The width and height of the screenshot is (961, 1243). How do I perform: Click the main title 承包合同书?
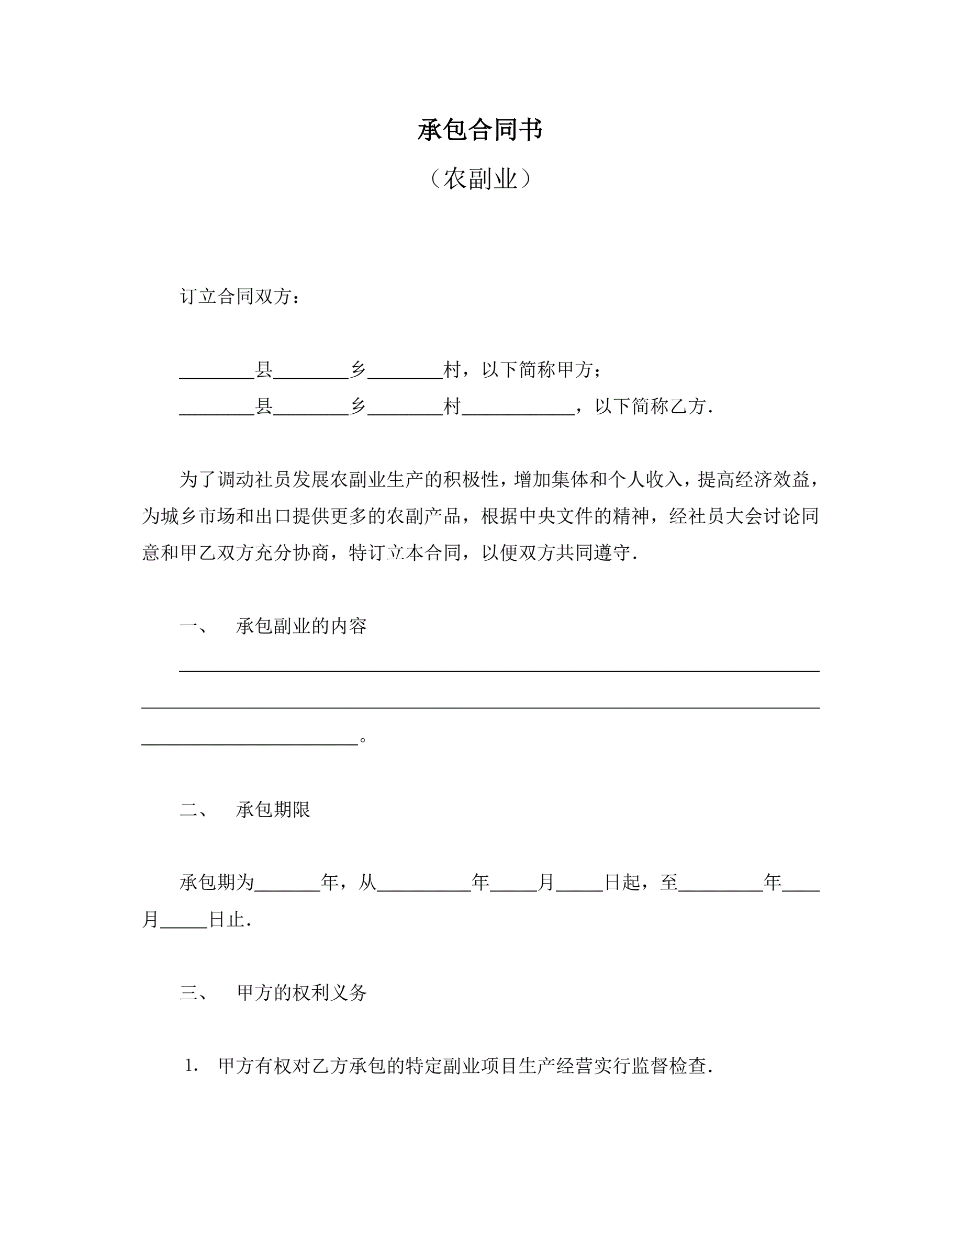pyautogui.click(x=480, y=130)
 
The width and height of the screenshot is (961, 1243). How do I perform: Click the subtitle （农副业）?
pyautogui.click(x=480, y=179)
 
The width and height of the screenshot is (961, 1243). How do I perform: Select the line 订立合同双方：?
pyautogui.click(x=240, y=297)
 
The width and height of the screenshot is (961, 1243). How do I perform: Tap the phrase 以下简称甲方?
pyautogui.click(x=538, y=370)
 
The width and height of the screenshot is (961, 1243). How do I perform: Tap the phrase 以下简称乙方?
pyautogui.click(x=650, y=406)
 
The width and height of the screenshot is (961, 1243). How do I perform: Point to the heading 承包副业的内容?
pyautogui.click(x=301, y=626)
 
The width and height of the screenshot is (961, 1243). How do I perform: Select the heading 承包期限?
pyautogui.click(x=273, y=809)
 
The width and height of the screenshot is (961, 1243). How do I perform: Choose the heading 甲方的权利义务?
pyautogui.click(x=301, y=992)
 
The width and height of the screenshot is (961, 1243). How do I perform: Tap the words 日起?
pyautogui.click(x=622, y=883)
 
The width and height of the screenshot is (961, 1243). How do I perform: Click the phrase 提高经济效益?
pyautogui.click(x=753, y=480)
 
